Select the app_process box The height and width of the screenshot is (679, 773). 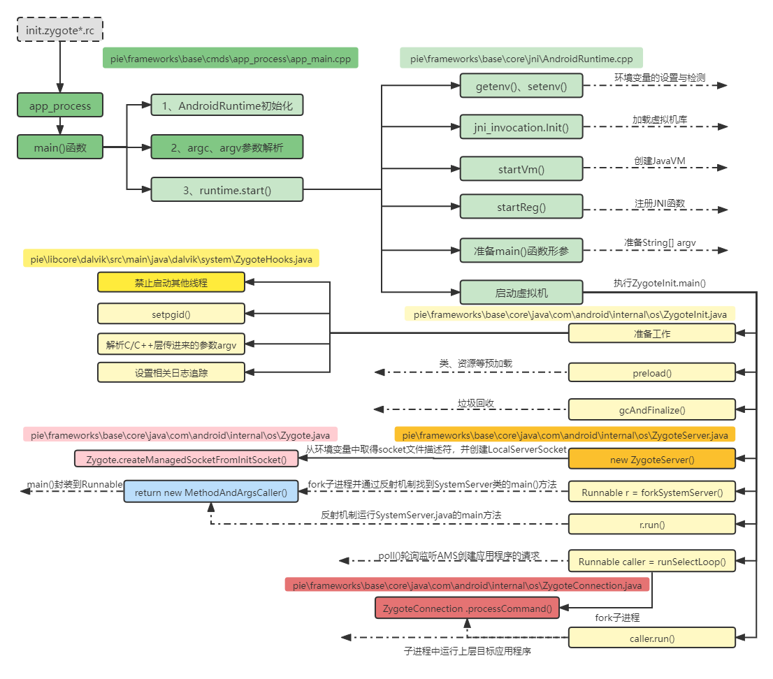(x=59, y=106)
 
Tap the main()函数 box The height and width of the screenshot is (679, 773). (x=59, y=147)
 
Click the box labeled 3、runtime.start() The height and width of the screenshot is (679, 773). (x=227, y=189)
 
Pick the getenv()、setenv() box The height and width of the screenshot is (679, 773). (x=521, y=86)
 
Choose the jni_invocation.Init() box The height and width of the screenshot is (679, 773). (x=521, y=127)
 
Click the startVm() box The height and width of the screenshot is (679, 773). (x=521, y=169)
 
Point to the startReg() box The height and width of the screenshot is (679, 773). (x=521, y=207)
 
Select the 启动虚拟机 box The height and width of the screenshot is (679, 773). (x=521, y=292)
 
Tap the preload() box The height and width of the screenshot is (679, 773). (x=651, y=373)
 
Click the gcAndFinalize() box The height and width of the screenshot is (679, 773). (x=651, y=410)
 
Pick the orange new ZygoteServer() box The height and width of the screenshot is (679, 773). (x=651, y=459)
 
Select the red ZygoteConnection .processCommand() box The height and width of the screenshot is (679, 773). (x=468, y=608)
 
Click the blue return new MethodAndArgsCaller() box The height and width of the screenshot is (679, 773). (x=211, y=492)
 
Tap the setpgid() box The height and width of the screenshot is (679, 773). (x=171, y=314)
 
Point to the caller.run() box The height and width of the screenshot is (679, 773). (x=651, y=638)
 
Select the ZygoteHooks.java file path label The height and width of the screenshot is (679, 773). (x=171, y=260)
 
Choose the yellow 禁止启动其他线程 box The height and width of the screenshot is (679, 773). (x=171, y=283)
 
